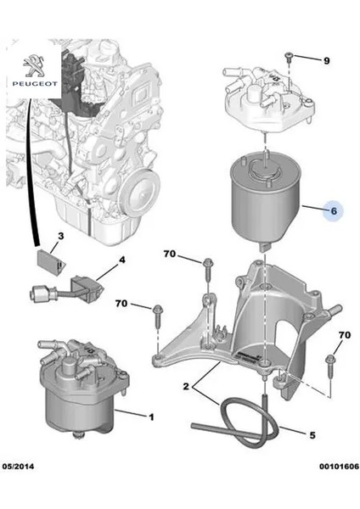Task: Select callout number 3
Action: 59,235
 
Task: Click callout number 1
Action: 151,417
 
